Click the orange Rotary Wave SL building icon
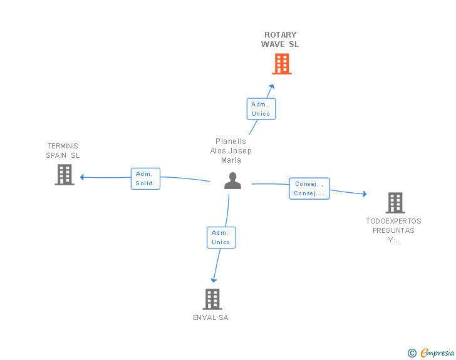point(282,64)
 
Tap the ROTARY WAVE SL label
point(280,39)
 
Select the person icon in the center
point(232,180)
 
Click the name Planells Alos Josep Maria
point(231,151)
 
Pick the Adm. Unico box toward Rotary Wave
point(261,109)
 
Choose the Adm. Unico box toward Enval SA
point(221,237)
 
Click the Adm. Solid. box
point(145,178)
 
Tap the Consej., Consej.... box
point(309,188)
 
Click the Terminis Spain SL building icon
point(65,175)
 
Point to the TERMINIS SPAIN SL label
point(63,151)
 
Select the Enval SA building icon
point(212,299)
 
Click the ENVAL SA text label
point(210,317)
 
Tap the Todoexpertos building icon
point(395,203)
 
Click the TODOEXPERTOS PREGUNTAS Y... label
point(393,230)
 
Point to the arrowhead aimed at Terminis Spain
point(82,177)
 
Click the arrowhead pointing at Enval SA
point(214,280)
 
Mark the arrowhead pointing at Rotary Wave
point(272,86)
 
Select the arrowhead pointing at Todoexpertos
point(365,194)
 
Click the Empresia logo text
point(437,352)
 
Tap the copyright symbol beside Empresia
point(412,353)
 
